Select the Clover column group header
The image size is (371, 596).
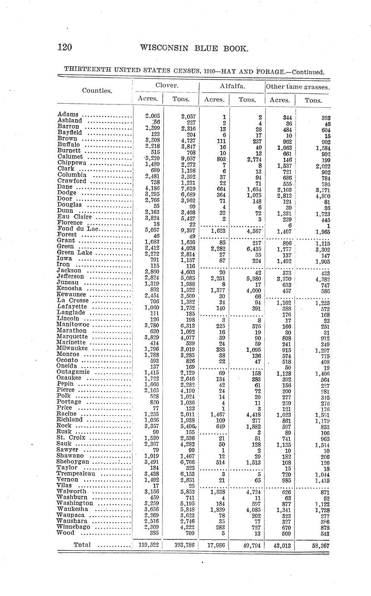(x=165, y=86)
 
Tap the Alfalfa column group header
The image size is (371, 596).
(x=232, y=86)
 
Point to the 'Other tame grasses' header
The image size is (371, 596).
(x=298, y=86)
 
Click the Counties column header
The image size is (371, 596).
(x=97, y=91)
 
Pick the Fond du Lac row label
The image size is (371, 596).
(x=78, y=229)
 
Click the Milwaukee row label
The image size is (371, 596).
(x=72, y=348)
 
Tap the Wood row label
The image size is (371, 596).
(x=66, y=533)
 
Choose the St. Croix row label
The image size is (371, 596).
(x=71, y=437)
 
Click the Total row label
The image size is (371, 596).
(x=82, y=545)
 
